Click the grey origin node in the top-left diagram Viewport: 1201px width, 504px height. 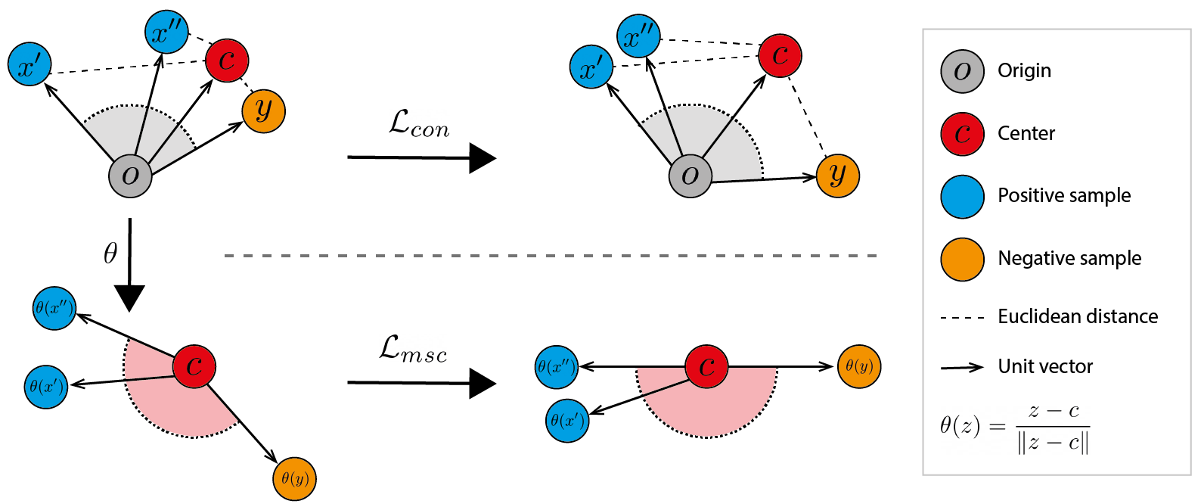(x=130, y=176)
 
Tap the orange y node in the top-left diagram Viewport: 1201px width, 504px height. (x=263, y=110)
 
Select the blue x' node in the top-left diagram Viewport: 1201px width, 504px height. (x=29, y=64)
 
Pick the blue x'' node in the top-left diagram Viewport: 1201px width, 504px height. (x=166, y=32)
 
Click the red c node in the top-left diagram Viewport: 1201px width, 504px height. (x=227, y=60)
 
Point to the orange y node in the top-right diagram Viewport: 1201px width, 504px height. (x=838, y=176)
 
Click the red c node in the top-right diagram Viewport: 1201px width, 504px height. (x=780, y=55)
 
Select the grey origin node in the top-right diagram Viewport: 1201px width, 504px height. (x=690, y=176)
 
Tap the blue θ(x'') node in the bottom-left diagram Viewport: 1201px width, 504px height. (x=54, y=308)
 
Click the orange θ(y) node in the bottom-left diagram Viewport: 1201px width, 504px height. (x=294, y=479)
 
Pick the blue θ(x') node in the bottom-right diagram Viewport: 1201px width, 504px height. (x=567, y=421)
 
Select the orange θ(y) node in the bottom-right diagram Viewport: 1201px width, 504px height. (x=859, y=366)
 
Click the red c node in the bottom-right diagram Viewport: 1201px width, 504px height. (x=706, y=366)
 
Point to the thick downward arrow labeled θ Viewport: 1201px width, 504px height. (x=130, y=265)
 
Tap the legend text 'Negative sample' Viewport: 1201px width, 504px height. (x=1069, y=258)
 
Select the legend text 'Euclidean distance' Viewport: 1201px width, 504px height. (x=1078, y=316)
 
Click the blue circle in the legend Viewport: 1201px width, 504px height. (x=962, y=197)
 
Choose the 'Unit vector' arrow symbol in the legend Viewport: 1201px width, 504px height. (x=962, y=368)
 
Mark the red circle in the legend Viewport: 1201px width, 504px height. (x=962, y=134)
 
